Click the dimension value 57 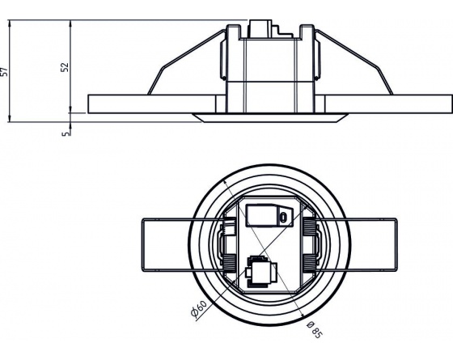tap(4, 72)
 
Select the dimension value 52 tap(66, 67)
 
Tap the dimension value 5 tap(66, 133)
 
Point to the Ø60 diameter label tap(199, 308)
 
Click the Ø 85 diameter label tap(314, 329)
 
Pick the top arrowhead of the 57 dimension tap(10, 23)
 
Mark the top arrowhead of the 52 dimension tap(70, 23)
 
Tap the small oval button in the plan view tap(284, 217)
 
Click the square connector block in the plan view tap(260, 272)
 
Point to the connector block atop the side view tap(260, 28)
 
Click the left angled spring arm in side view tap(185, 62)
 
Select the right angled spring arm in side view tap(355, 62)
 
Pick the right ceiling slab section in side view tap(383, 104)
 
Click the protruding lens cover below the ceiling tap(270, 117)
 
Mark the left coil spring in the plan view tap(230, 245)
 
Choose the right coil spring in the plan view tap(309, 245)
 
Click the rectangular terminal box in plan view tap(269, 215)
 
